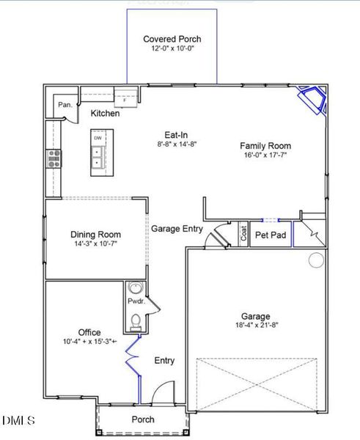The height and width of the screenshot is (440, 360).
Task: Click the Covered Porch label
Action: click(x=172, y=39)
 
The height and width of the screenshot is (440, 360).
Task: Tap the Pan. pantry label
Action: click(x=65, y=105)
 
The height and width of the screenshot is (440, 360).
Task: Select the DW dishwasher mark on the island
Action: click(x=97, y=137)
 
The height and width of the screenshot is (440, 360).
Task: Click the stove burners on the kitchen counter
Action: click(x=55, y=158)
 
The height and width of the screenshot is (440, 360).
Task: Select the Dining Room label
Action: click(x=95, y=235)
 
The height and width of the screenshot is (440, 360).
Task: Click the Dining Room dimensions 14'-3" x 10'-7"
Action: click(x=95, y=244)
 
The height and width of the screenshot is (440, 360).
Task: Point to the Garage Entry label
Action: click(x=177, y=229)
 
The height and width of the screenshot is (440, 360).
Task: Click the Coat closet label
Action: click(x=242, y=234)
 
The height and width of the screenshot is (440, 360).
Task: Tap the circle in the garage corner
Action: click(x=316, y=260)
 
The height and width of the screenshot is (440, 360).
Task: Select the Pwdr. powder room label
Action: click(x=135, y=301)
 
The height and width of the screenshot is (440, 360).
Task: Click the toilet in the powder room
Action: click(x=134, y=319)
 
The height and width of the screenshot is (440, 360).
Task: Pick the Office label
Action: click(x=89, y=332)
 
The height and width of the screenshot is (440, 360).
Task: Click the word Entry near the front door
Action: click(x=164, y=361)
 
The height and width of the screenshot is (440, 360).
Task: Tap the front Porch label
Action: click(x=143, y=420)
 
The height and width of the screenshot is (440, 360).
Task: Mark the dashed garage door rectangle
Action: click(x=257, y=384)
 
